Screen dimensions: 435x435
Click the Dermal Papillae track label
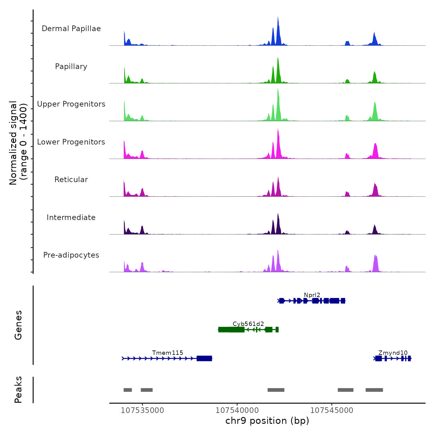pyautogui.click(x=71, y=29)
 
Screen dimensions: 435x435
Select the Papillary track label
pyautogui.click(x=71, y=66)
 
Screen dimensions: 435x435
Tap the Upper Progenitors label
pyautogui.click(x=71, y=104)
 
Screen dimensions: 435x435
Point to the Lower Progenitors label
pyautogui.click(x=71, y=142)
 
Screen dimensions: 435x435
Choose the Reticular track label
pyautogui.click(x=71, y=180)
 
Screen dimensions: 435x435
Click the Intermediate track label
pyautogui.click(x=71, y=217)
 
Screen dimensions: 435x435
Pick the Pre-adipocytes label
pyautogui.click(x=71, y=255)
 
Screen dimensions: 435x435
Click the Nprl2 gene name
pyautogui.click(x=312, y=295)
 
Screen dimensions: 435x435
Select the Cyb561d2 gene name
pyautogui.click(x=248, y=324)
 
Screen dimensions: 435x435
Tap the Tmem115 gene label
pyautogui.click(x=167, y=353)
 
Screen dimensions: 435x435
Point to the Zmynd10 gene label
pyautogui.click(x=393, y=353)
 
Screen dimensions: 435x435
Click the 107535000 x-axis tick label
pyautogui.click(x=142, y=410)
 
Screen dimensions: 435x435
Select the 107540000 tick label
pyautogui.click(x=237, y=410)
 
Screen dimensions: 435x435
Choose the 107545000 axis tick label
pyautogui.click(x=332, y=410)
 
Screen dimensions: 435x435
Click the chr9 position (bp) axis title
pyautogui.click(x=267, y=421)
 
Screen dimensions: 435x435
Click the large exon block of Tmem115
pyautogui.click(x=204, y=359)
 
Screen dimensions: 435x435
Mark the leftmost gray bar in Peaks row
pyautogui.click(x=128, y=390)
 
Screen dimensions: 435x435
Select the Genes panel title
pyautogui.click(x=18, y=325)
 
